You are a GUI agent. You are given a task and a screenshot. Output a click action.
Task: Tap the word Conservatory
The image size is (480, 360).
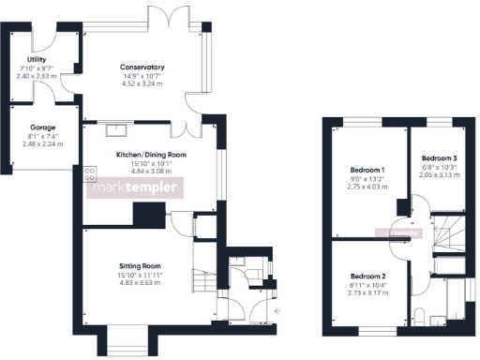[142, 67]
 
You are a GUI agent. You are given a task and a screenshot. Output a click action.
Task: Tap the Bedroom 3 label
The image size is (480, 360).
[438, 157]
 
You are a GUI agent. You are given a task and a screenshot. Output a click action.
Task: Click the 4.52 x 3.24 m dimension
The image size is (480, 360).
[142, 83]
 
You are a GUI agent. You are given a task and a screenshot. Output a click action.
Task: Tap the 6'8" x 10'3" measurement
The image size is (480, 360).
[438, 166]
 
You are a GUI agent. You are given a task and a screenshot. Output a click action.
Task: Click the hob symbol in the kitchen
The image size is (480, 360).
[90, 172]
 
